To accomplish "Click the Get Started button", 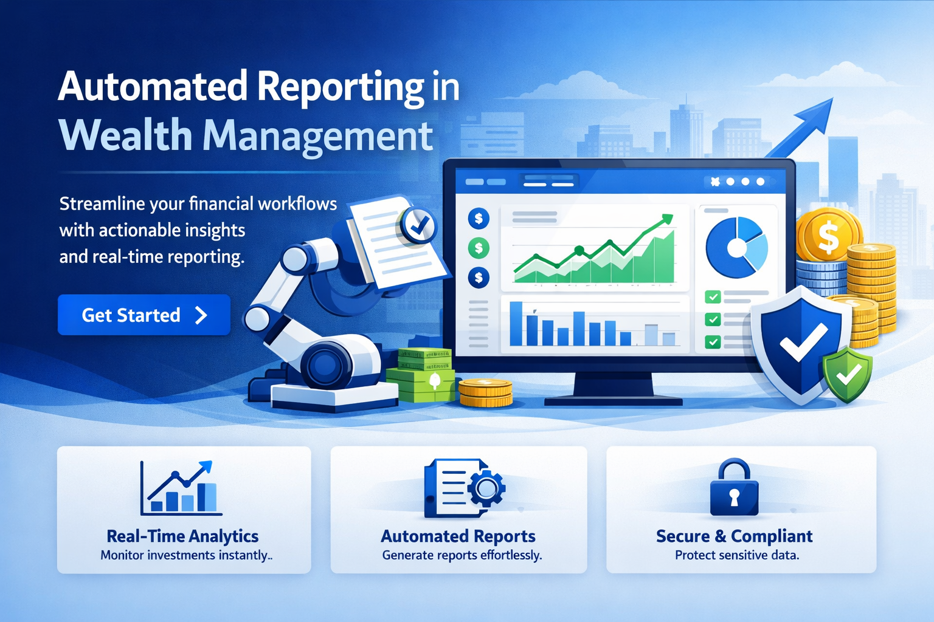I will click(x=144, y=315).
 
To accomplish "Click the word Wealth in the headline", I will click(x=125, y=135).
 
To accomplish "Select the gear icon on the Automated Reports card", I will click(x=486, y=488).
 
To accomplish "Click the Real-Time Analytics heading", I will click(x=182, y=536).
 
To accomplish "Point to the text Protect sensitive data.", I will click(x=737, y=555).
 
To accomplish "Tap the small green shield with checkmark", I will click(x=847, y=374).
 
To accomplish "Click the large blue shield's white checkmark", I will click(x=803, y=343).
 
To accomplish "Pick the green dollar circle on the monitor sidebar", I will click(x=479, y=247).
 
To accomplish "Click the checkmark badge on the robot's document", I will click(x=418, y=226).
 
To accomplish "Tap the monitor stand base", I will click(x=613, y=400).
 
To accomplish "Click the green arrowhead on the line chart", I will click(x=667, y=219).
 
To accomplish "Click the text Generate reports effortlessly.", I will click(x=462, y=555).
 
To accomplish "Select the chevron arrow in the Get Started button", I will click(x=201, y=315).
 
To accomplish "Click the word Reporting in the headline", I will click(x=341, y=86).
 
